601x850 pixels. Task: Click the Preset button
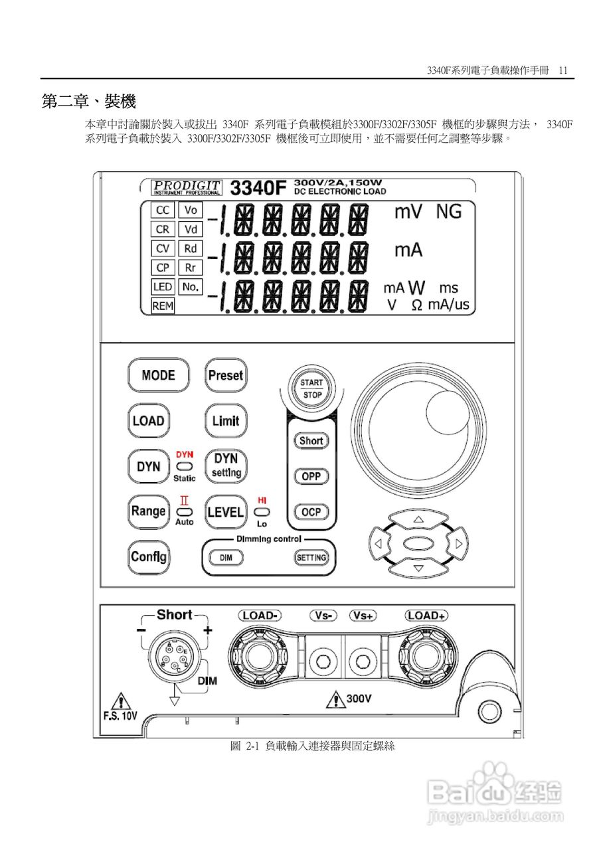[x=225, y=375]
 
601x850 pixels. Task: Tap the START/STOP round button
[x=311, y=388]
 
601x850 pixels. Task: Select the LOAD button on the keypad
[x=148, y=421]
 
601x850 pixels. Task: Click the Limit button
[x=225, y=421]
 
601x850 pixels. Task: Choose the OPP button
[x=311, y=477]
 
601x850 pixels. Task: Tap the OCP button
[x=311, y=512]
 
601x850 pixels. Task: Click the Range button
[x=148, y=511]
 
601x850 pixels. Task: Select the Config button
[x=148, y=556]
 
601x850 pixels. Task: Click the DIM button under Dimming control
[x=225, y=558]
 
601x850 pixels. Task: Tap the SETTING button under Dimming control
[x=311, y=558]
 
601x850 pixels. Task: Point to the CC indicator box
[x=162, y=211]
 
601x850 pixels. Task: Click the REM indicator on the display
[x=163, y=306]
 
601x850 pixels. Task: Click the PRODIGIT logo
[x=185, y=187]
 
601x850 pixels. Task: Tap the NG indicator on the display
[x=448, y=212]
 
